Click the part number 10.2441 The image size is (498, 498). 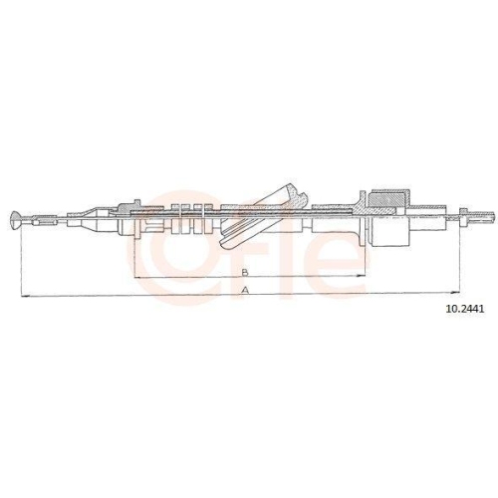pyautogui.click(x=464, y=309)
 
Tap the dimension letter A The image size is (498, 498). pyautogui.click(x=243, y=290)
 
